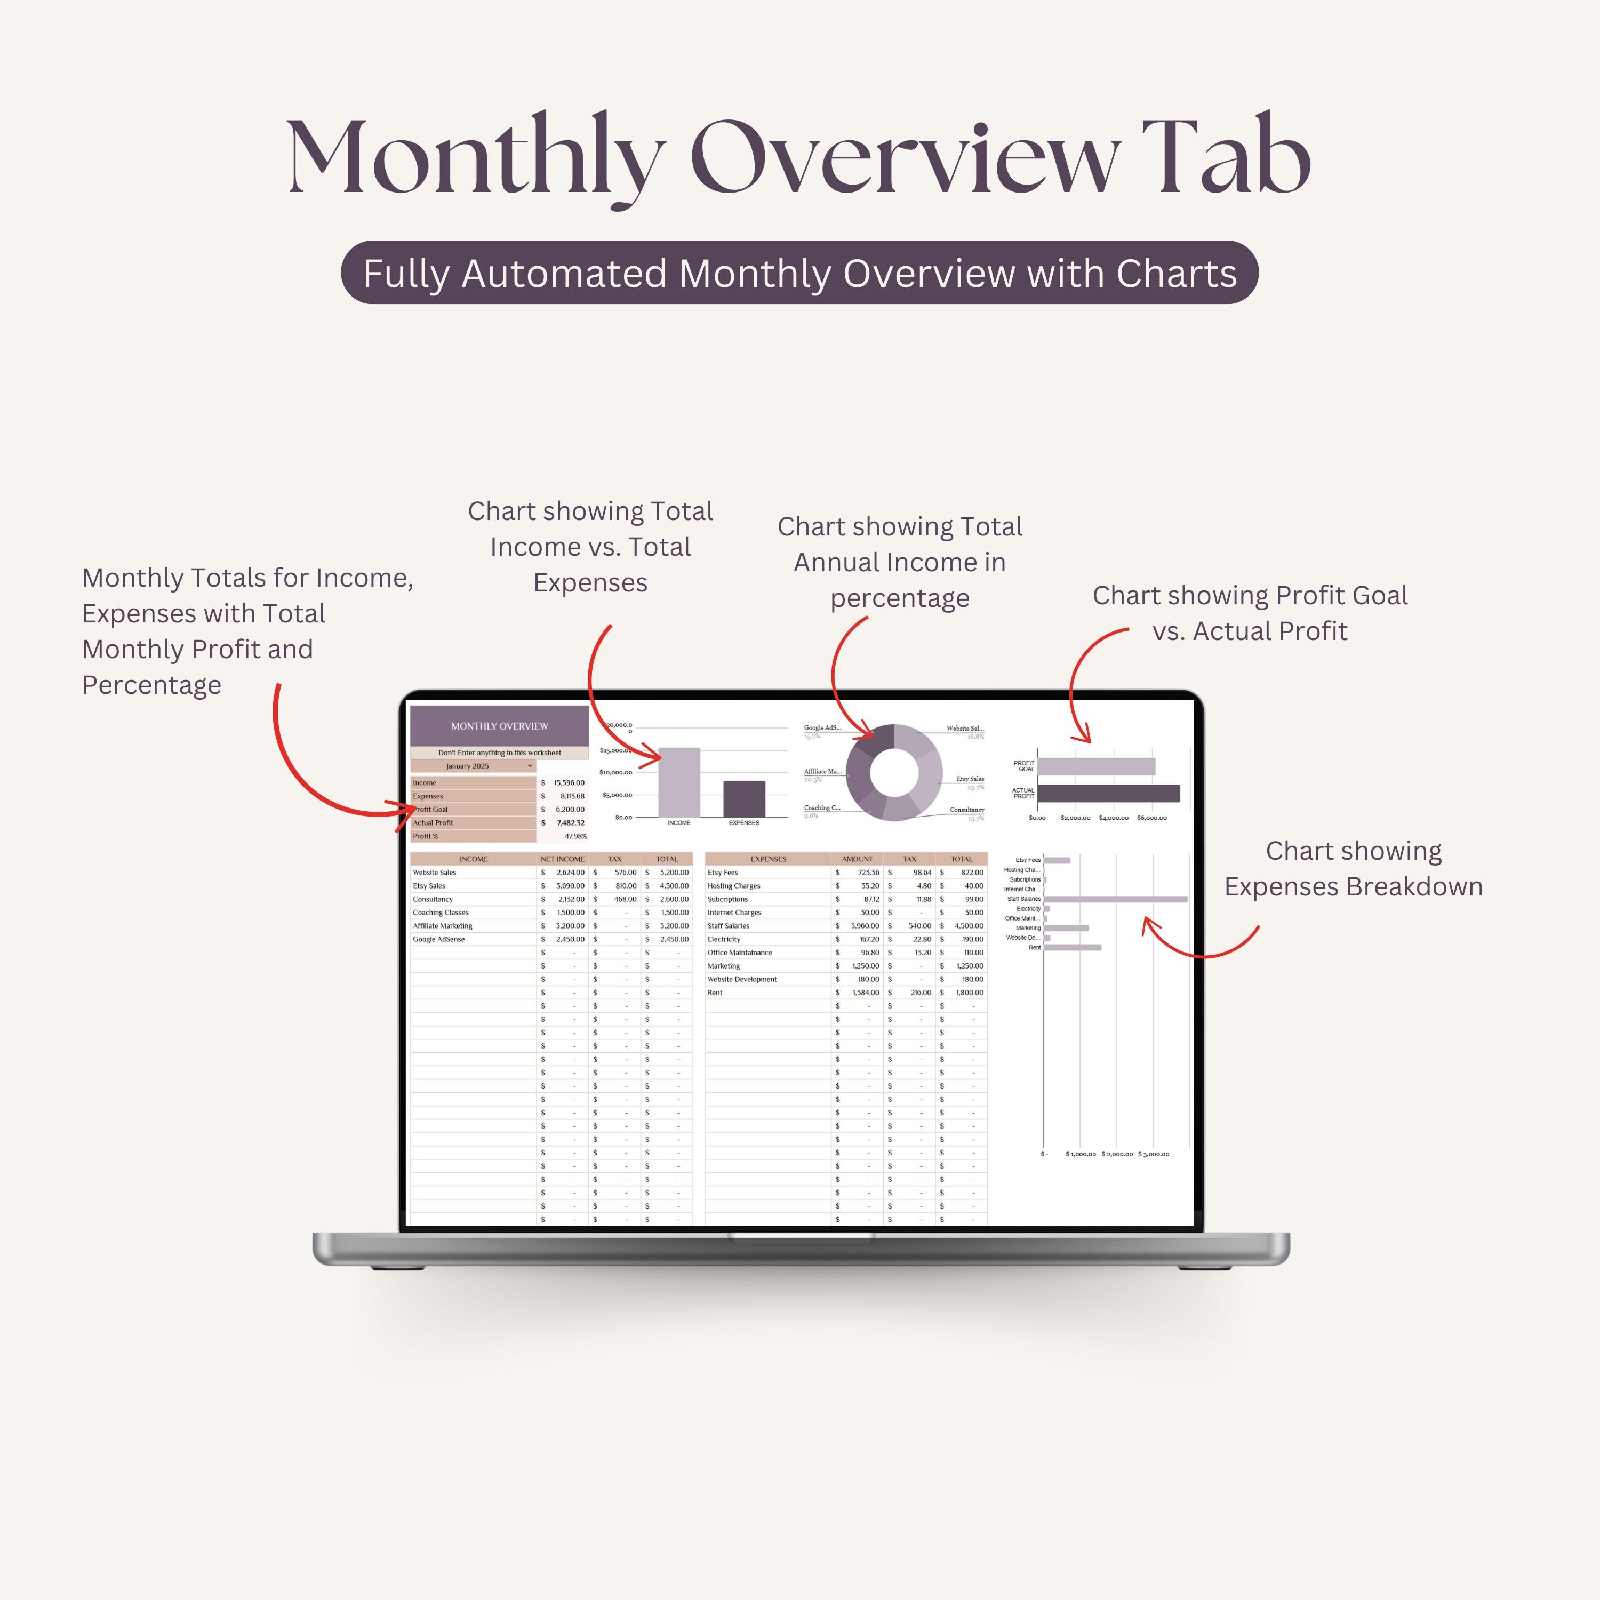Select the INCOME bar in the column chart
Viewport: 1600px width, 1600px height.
(678, 782)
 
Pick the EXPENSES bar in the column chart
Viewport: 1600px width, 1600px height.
(743, 798)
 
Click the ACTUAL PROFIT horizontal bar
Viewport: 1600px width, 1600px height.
(1108, 794)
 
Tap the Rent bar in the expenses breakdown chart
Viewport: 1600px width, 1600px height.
(1073, 947)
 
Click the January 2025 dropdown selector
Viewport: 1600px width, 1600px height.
(474, 766)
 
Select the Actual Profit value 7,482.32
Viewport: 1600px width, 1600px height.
(570, 822)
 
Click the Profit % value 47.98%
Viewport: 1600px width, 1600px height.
(575, 836)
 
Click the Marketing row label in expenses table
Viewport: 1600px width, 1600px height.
(723, 966)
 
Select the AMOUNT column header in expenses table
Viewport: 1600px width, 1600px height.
(857, 859)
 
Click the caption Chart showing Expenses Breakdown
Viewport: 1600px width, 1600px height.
(1353, 869)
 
